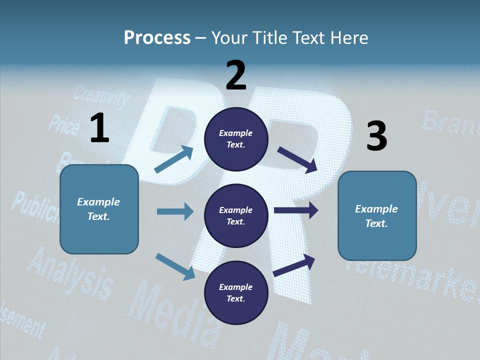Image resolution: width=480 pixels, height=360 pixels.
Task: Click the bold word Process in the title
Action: (x=157, y=38)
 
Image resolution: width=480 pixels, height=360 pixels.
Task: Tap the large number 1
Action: (x=99, y=128)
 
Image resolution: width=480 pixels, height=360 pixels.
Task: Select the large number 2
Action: (x=236, y=75)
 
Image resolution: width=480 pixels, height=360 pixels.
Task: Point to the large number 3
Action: (x=376, y=136)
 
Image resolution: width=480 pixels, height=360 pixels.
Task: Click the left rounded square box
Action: (x=99, y=209)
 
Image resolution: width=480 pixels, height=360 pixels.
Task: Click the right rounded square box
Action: (x=377, y=215)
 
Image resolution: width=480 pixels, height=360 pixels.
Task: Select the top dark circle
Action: (x=236, y=139)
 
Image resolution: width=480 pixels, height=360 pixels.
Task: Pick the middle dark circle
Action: (x=236, y=215)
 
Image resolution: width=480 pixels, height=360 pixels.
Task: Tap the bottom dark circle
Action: (x=236, y=292)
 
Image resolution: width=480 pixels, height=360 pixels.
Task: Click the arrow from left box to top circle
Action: (x=174, y=159)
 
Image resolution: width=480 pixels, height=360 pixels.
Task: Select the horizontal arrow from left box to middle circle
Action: (x=175, y=211)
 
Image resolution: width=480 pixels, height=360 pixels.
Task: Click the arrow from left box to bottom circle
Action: (x=175, y=266)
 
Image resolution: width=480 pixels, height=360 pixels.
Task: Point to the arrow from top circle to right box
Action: (x=297, y=159)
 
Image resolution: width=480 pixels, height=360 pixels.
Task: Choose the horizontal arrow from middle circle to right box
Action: (x=296, y=210)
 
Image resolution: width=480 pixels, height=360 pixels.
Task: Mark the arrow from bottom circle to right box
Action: (x=294, y=265)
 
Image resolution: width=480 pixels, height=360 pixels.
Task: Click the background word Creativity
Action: (x=102, y=97)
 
